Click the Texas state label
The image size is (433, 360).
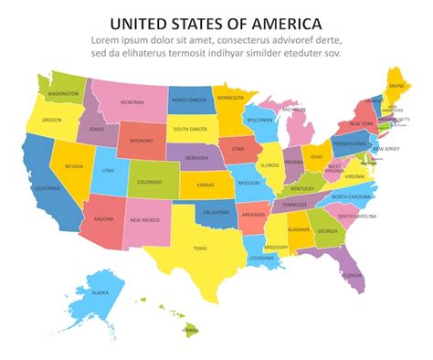[x=200, y=248]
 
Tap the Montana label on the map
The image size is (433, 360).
[x=132, y=101]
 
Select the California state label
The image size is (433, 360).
[x=47, y=187]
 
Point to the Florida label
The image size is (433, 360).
[x=353, y=275]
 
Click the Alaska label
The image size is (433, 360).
[x=100, y=292]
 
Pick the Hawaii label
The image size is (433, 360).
[x=190, y=328]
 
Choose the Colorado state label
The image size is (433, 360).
[x=149, y=181]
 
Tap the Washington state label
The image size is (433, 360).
[x=63, y=93]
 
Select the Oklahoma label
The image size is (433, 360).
[x=216, y=212]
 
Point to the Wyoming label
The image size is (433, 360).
[x=142, y=141]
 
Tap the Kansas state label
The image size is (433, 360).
[x=205, y=184]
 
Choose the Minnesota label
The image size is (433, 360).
[x=230, y=97]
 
